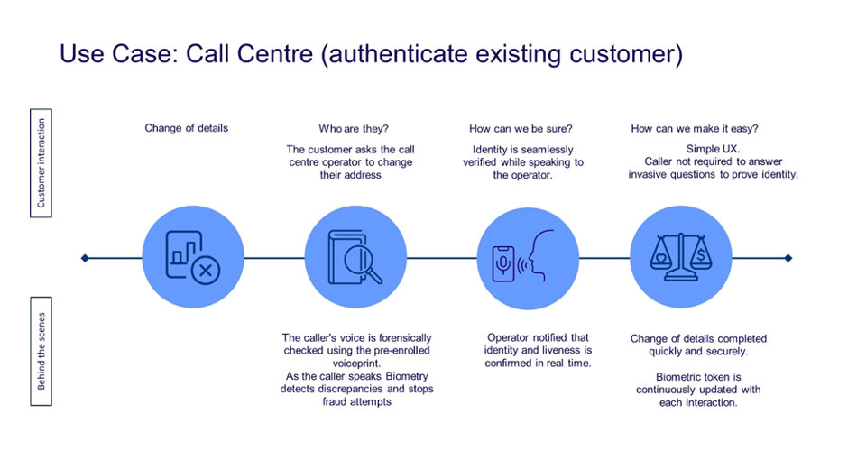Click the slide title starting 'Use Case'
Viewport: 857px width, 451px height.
click(x=370, y=53)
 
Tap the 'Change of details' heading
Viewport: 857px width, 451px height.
click(x=187, y=128)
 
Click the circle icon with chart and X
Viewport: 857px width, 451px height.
click(x=193, y=258)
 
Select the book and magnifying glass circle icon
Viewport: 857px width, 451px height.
click(x=354, y=258)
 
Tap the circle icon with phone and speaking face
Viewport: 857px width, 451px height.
click(x=528, y=258)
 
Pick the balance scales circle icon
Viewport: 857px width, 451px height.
click(x=680, y=258)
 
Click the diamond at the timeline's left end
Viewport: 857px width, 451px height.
click(x=85, y=258)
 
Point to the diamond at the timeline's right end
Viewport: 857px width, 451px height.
click(x=788, y=258)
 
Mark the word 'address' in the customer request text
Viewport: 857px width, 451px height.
click(x=364, y=175)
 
